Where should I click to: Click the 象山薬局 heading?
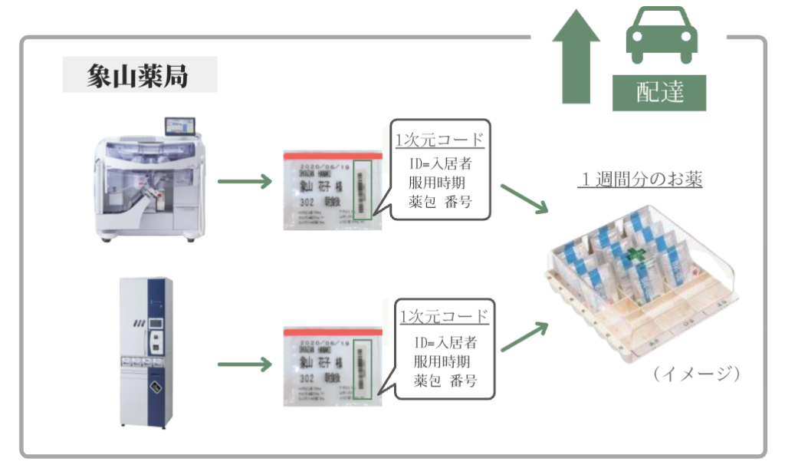click(x=139, y=76)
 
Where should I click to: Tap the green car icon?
click(x=662, y=37)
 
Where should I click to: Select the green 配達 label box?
click(x=659, y=93)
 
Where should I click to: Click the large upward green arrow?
click(x=575, y=58)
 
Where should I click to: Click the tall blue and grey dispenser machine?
click(x=146, y=351)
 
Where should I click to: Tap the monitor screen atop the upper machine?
click(x=180, y=127)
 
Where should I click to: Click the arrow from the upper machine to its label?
click(x=245, y=183)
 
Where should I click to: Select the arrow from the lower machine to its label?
click(x=245, y=362)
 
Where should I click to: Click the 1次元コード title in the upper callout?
click(x=439, y=140)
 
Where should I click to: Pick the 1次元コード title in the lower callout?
click(x=444, y=316)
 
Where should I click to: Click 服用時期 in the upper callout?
click(x=439, y=184)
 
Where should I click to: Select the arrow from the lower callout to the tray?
click(x=525, y=335)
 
